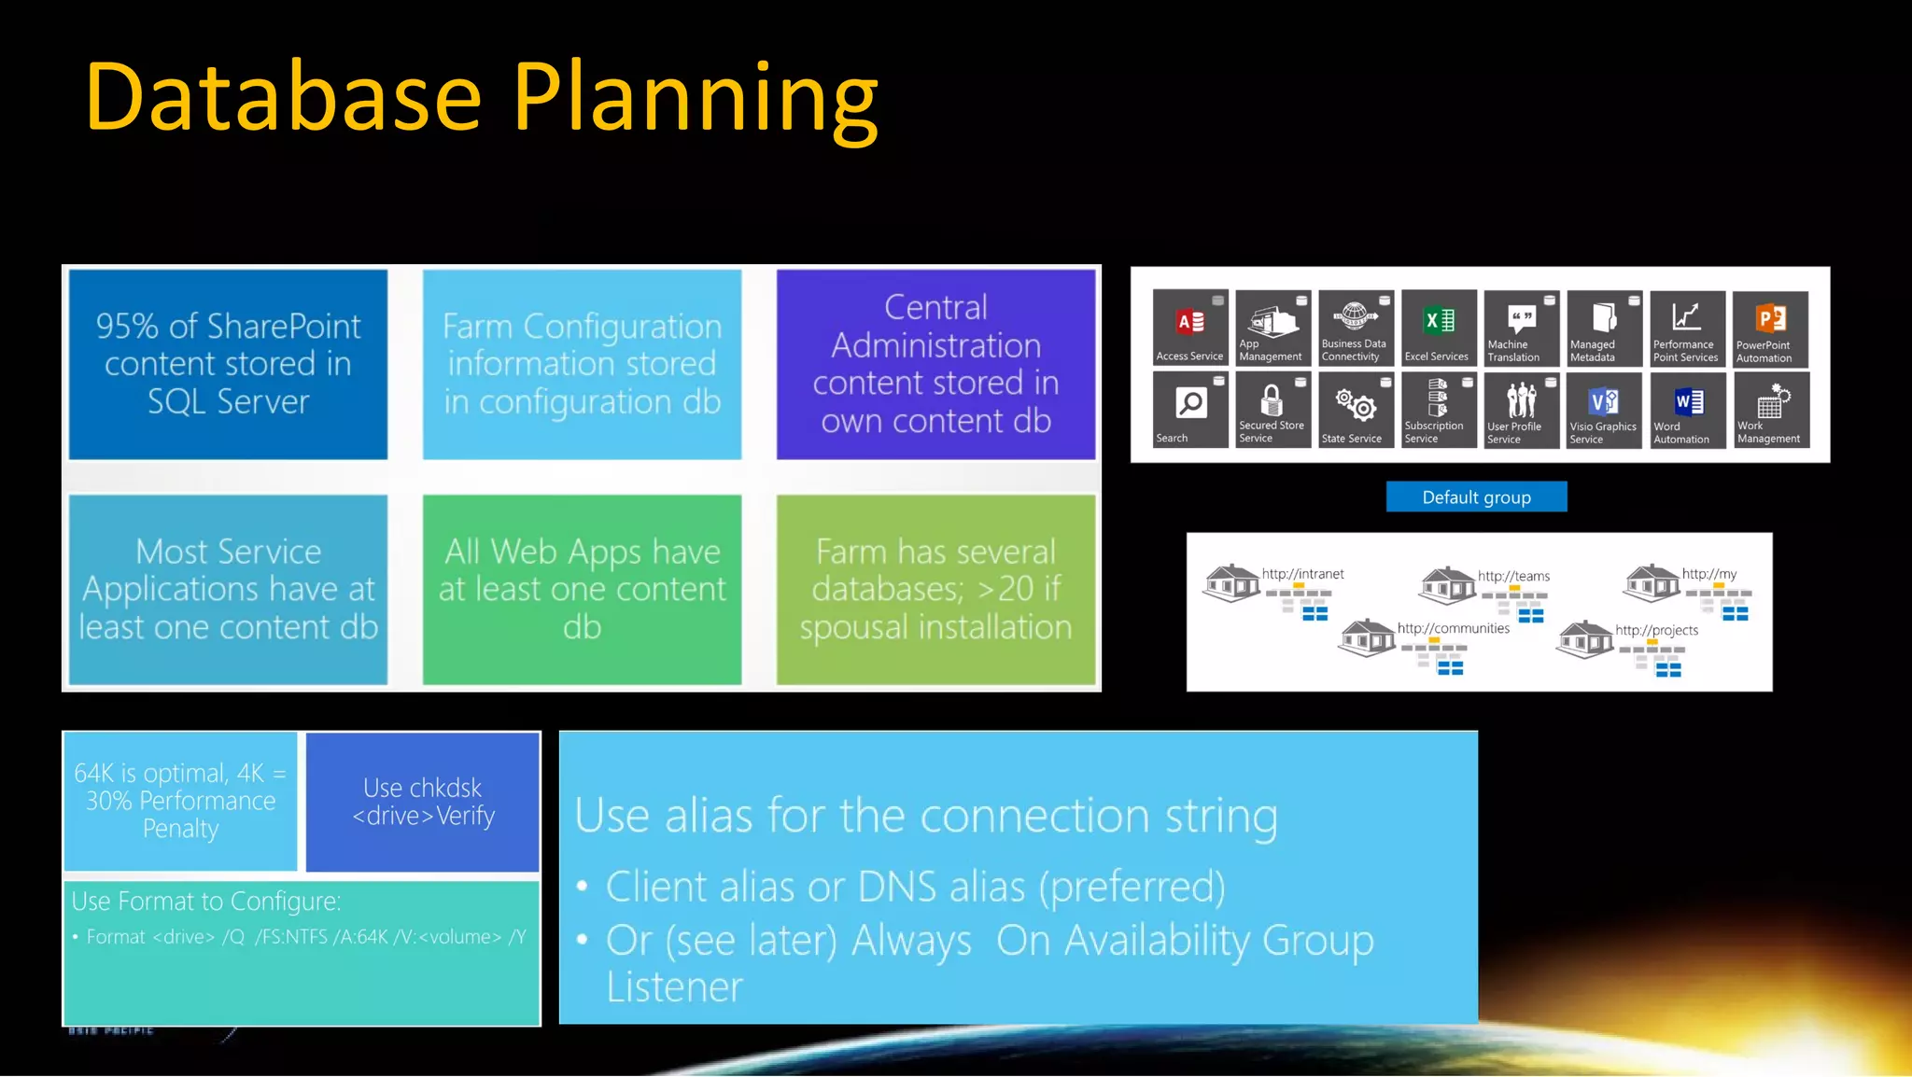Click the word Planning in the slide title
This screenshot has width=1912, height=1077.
pyautogui.click(x=696, y=97)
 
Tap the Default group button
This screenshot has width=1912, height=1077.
pyautogui.click(x=1476, y=497)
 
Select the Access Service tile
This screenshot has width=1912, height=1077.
pyautogui.click(x=1189, y=328)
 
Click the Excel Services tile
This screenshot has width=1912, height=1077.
pyautogui.click(x=1438, y=328)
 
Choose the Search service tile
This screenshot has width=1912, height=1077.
pyautogui.click(x=1189, y=410)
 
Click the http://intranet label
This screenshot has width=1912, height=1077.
pyautogui.click(x=1302, y=574)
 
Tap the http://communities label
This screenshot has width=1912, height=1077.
pyautogui.click(x=1453, y=628)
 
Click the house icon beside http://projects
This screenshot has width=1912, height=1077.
pyautogui.click(x=1584, y=639)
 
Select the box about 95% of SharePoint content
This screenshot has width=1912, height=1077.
pyautogui.click(x=228, y=364)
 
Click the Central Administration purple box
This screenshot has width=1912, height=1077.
pyautogui.click(x=935, y=364)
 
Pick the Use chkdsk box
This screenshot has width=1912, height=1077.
pyautogui.click(x=423, y=802)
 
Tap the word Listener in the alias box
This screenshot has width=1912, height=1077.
pyautogui.click(x=674, y=987)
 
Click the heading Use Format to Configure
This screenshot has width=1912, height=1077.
pyautogui.click(x=206, y=902)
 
